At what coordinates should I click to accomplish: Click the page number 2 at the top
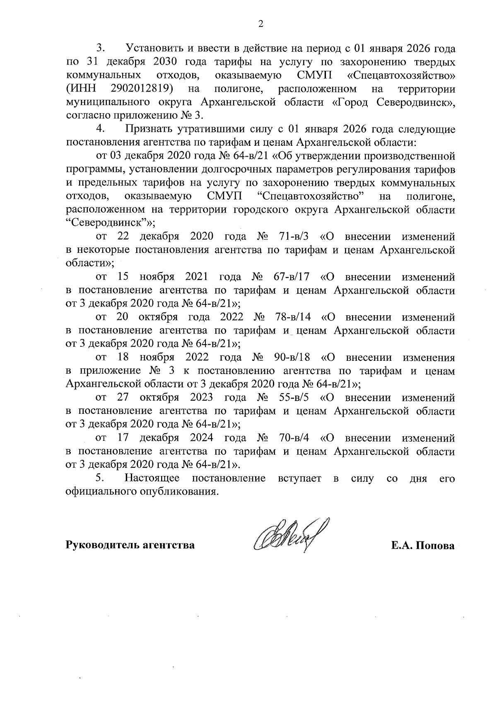pyautogui.click(x=261, y=24)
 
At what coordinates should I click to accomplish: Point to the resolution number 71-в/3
pyautogui.click(x=294, y=237)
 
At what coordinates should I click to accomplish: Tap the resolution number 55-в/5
pyautogui.click(x=294, y=398)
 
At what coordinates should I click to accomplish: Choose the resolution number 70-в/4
pyautogui.click(x=294, y=438)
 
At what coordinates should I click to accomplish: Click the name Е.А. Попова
pyautogui.click(x=423, y=546)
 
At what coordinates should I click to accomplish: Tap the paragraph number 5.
pyautogui.click(x=99, y=478)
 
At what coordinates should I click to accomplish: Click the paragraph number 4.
pyautogui.click(x=99, y=129)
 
